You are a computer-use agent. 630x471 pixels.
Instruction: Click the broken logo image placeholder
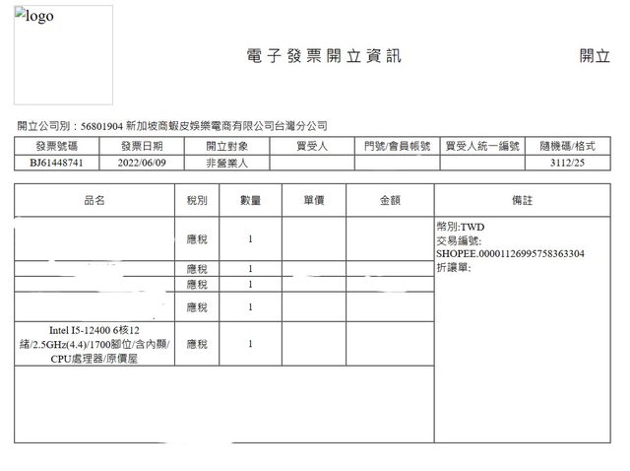tap(63, 55)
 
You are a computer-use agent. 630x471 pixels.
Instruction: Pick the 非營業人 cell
tap(227, 162)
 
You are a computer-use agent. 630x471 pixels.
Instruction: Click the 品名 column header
tap(94, 200)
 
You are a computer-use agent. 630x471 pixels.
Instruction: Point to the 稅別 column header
tap(197, 200)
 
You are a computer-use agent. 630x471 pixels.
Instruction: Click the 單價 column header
tap(314, 200)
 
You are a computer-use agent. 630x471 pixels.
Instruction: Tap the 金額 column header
tap(390, 200)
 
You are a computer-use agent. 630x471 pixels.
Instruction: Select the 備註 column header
tap(522, 200)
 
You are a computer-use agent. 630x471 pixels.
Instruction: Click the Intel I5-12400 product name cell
tap(95, 344)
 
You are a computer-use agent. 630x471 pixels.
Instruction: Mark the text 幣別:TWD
tap(460, 227)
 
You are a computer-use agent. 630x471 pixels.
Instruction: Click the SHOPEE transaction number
tap(510, 253)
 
